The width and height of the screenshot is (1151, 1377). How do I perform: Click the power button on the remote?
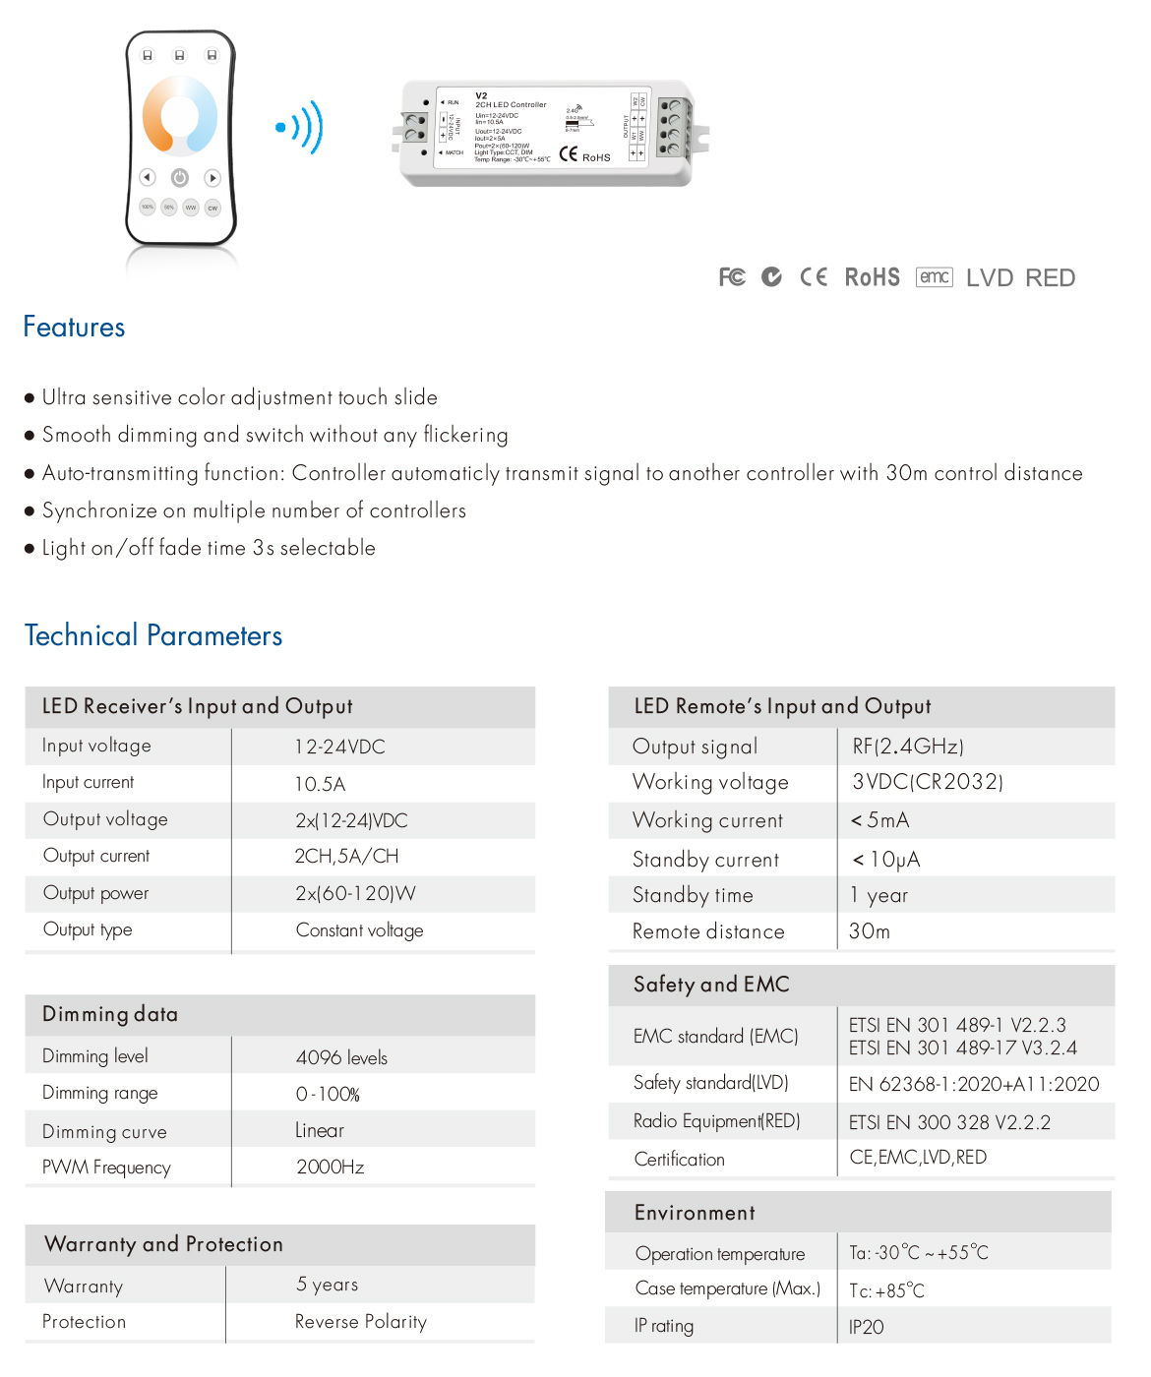coord(180,178)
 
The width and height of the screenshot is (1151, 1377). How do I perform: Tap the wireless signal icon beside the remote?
coord(301,127)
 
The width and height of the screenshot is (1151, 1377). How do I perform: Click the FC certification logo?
coord(732,277)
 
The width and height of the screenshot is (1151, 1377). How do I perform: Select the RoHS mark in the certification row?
coord(872,277)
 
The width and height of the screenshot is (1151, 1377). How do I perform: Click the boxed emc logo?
coord(934,277)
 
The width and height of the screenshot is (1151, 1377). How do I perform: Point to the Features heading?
coord(74,328)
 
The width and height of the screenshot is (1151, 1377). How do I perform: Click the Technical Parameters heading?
coord(153,635)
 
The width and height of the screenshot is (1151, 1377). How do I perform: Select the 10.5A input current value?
coord(320,784)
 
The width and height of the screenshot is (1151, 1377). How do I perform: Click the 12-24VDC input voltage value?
coord(339,747)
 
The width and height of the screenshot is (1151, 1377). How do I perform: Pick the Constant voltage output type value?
coord(359,930)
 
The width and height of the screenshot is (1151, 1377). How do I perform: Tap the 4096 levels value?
coord(341,1057)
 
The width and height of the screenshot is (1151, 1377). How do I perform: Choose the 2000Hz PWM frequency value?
coord(330,1167)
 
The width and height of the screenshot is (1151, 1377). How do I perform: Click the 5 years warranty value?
coord(327,1285)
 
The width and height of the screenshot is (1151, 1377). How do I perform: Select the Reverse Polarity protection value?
coord(360,1322)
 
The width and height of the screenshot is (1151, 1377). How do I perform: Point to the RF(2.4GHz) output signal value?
coord(907,747)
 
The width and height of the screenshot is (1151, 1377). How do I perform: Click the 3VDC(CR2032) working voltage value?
coord(927,782)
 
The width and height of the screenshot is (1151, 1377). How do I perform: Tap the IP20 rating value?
coord(866,1327)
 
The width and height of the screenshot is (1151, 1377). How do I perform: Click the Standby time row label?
coord(693,895)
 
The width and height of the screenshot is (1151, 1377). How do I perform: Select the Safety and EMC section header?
coord(711,985)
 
